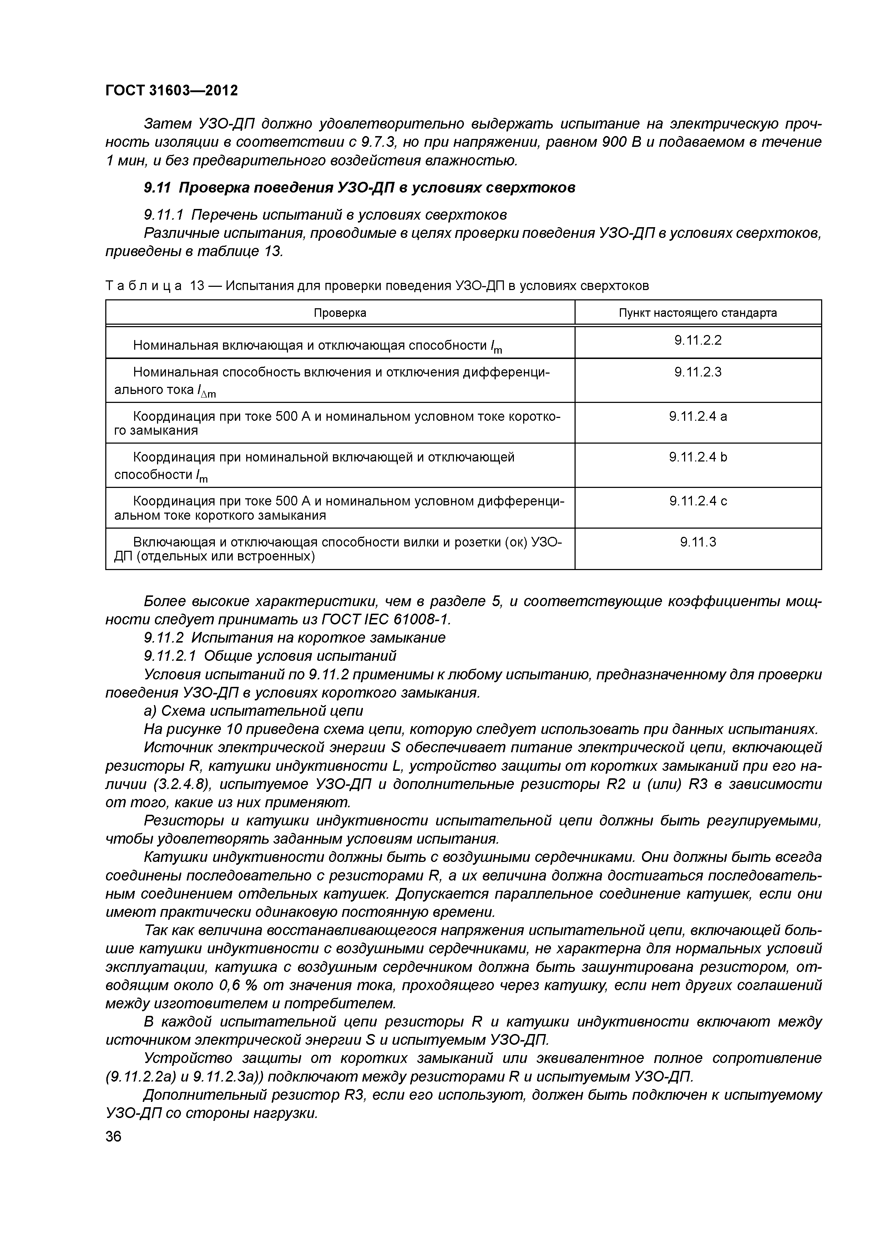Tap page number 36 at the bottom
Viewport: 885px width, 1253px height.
[113, 1136]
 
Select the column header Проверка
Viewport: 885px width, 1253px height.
[340, 313]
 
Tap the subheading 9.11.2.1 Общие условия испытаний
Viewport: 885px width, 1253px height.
[270, 655]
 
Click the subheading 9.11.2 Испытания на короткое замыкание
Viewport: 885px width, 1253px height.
[294, 638]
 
